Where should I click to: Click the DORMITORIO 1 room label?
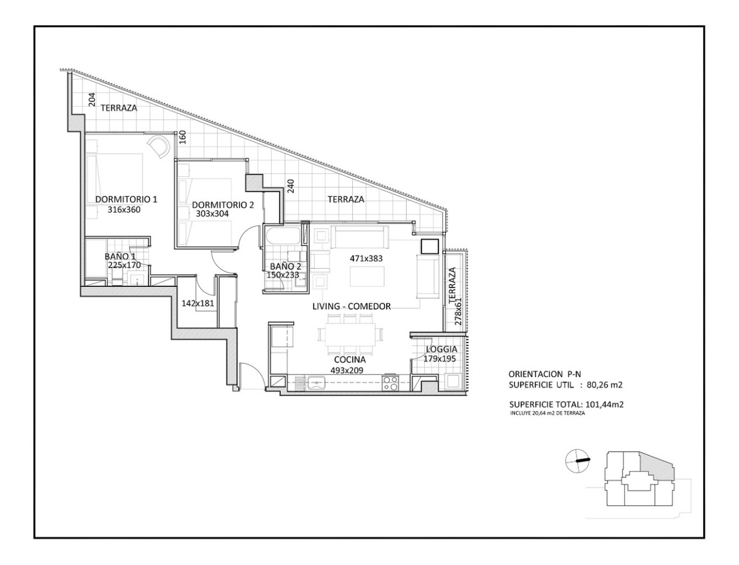click(126, 199)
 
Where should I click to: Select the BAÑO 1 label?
click(119, 256)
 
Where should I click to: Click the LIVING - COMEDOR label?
click(352, 306)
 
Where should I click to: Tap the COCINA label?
click(350, 360)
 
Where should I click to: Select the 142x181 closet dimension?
click(198, 303)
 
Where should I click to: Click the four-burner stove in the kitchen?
click(390, 383)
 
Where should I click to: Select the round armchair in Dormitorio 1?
click(158, 146)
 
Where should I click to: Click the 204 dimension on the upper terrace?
click(92, 100)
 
